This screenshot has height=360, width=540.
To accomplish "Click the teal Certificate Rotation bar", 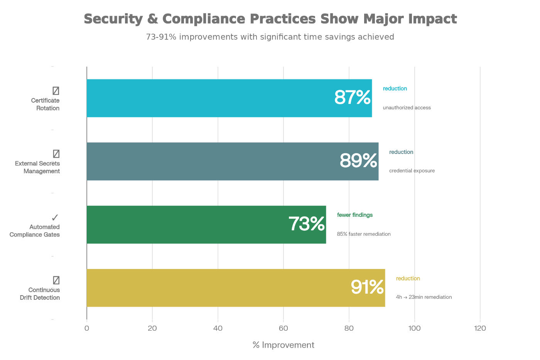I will [x=208, y=98].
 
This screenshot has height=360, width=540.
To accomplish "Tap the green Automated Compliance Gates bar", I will [x=185, y=225].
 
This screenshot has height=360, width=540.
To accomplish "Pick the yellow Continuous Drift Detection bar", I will [x=216, y=288].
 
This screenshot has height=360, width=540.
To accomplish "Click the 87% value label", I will [x=352, y=97].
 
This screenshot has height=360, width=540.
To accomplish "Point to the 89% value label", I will [x=358, y=161].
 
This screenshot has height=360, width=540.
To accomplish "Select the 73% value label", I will [x=307, y=224].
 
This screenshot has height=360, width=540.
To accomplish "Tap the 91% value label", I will [x=367, y=287].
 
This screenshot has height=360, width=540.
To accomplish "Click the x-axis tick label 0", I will [x=87, y=328].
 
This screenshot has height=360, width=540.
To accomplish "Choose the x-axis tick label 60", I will [x=283, y=328].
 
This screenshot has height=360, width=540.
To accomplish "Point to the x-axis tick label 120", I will [x=480, y=328].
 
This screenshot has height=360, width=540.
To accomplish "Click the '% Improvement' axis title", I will [x=283, y=345].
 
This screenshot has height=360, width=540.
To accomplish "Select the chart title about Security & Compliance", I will [x=270, y=19].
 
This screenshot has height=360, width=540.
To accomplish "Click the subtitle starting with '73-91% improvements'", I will [x=270, y=37].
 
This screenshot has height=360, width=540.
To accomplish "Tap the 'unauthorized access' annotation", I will [x=407, y=108].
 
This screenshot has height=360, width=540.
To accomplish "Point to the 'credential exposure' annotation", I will [x=412, y=171].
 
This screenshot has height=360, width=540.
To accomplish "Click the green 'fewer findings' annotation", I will [x=355, y=215].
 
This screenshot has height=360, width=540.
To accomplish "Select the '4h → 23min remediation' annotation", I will [x=424, y=297].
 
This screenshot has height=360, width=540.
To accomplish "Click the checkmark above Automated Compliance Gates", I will [x=55, y=218].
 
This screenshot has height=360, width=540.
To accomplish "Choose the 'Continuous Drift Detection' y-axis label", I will [x=40, y=294].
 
